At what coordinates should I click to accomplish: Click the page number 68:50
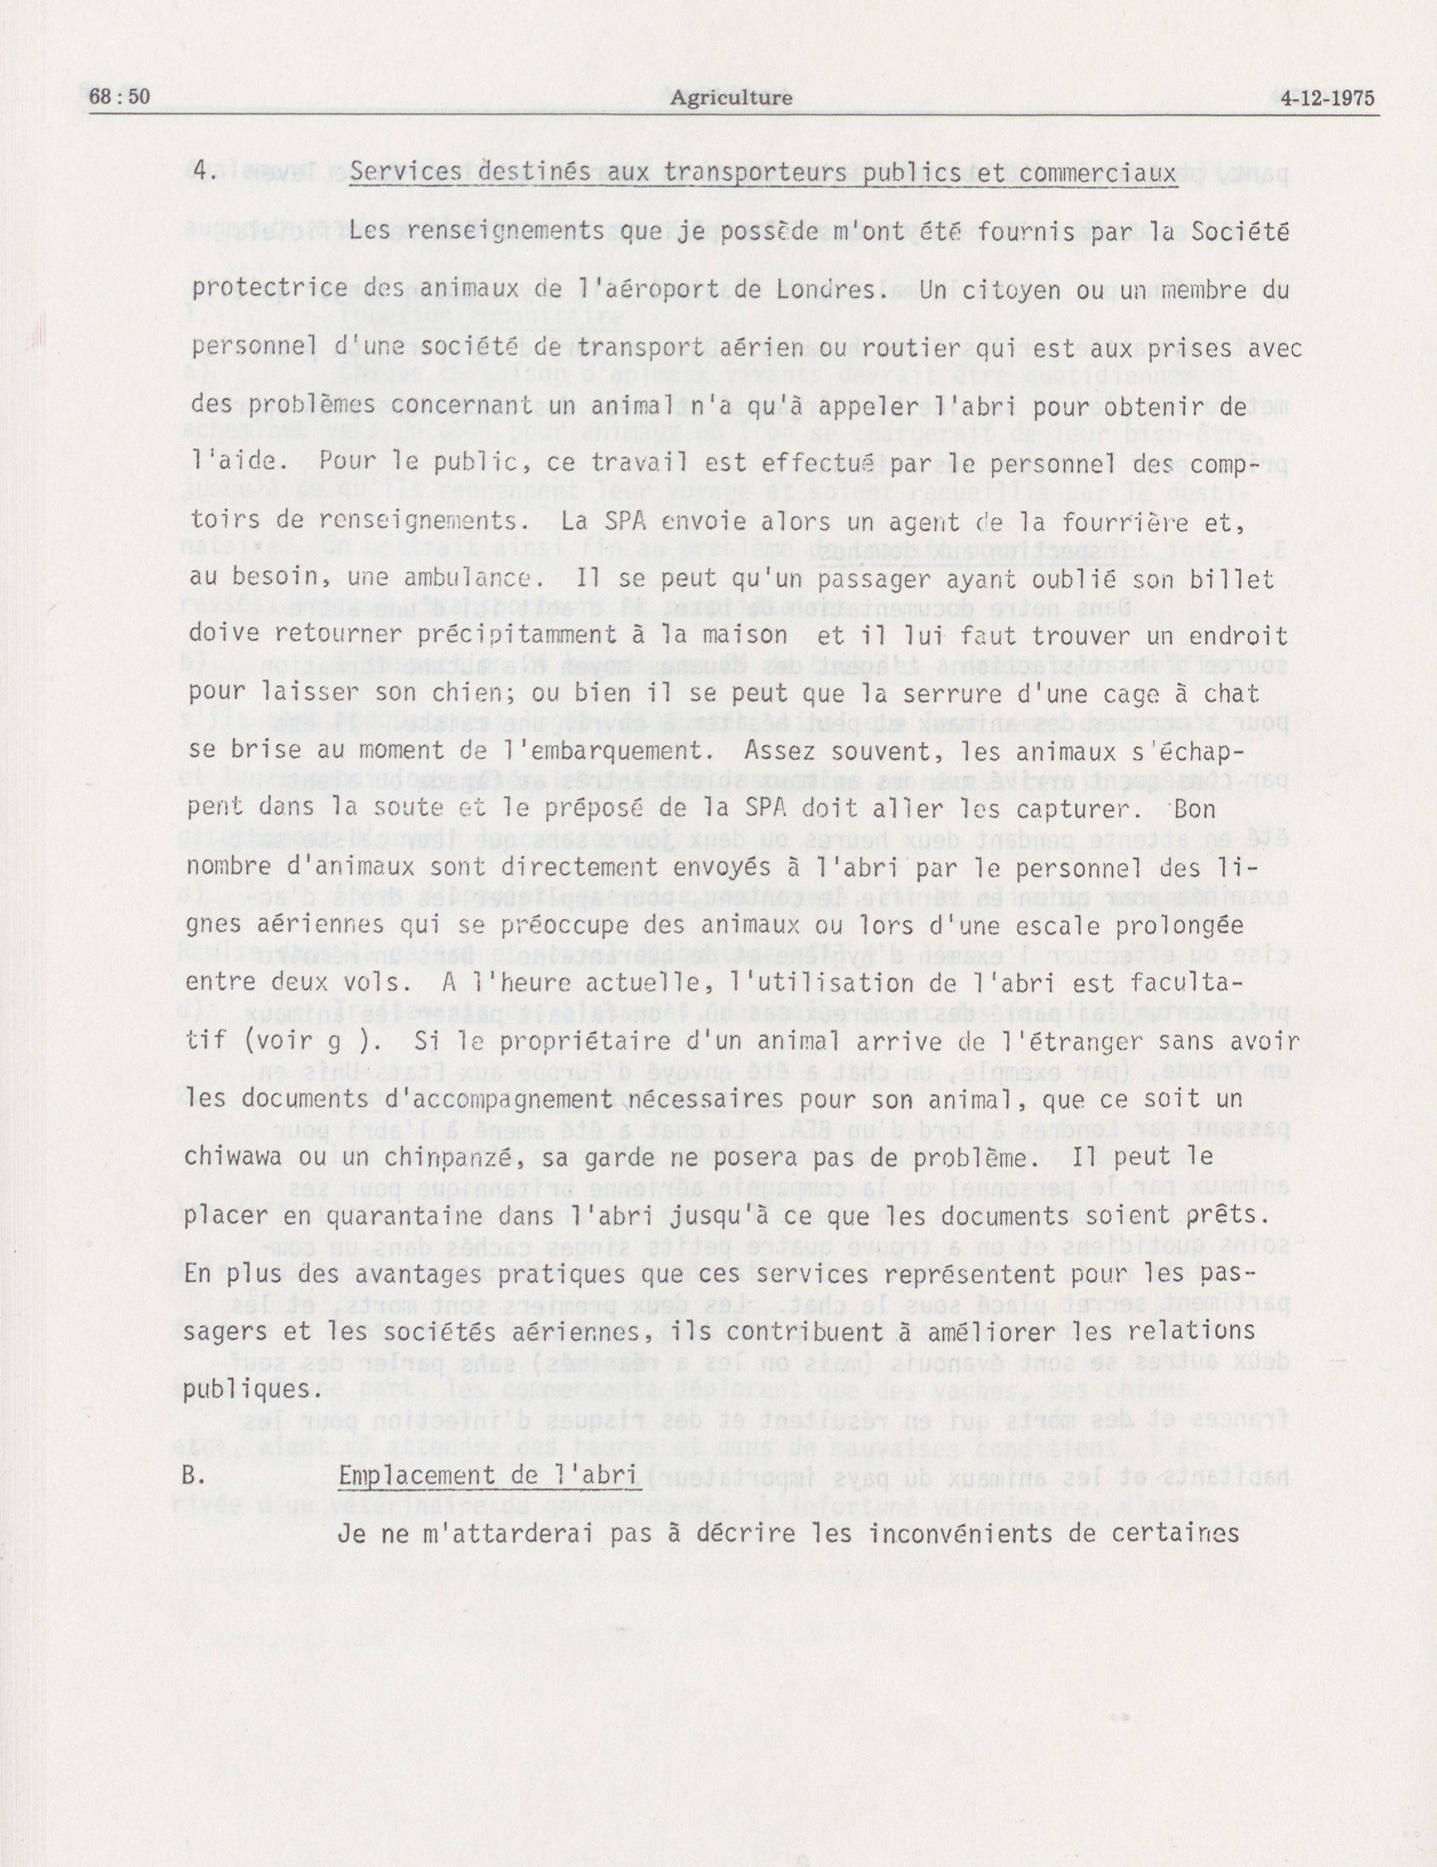(120, 98)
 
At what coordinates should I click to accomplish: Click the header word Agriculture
(731, 98)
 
